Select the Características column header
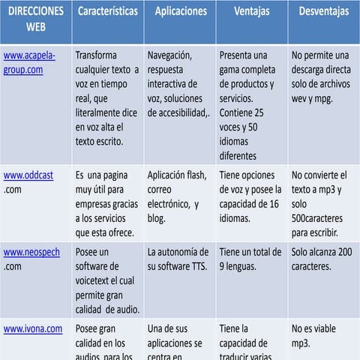pyautogui.click(x=107, y=12)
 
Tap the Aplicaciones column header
pyautogui.click(x=179, y=12)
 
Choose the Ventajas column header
pyautogui.click(x=251, y=12)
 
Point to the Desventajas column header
pyautogui.click(x=323, y=12)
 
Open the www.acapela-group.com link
pyautogui.click(x=29, y=62)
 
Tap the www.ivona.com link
pyautogui.click(x=33, y=328)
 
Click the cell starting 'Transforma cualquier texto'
pyautogui.click(x=107, y=97)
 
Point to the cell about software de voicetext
pyautogui.click(x=107, y=280)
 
